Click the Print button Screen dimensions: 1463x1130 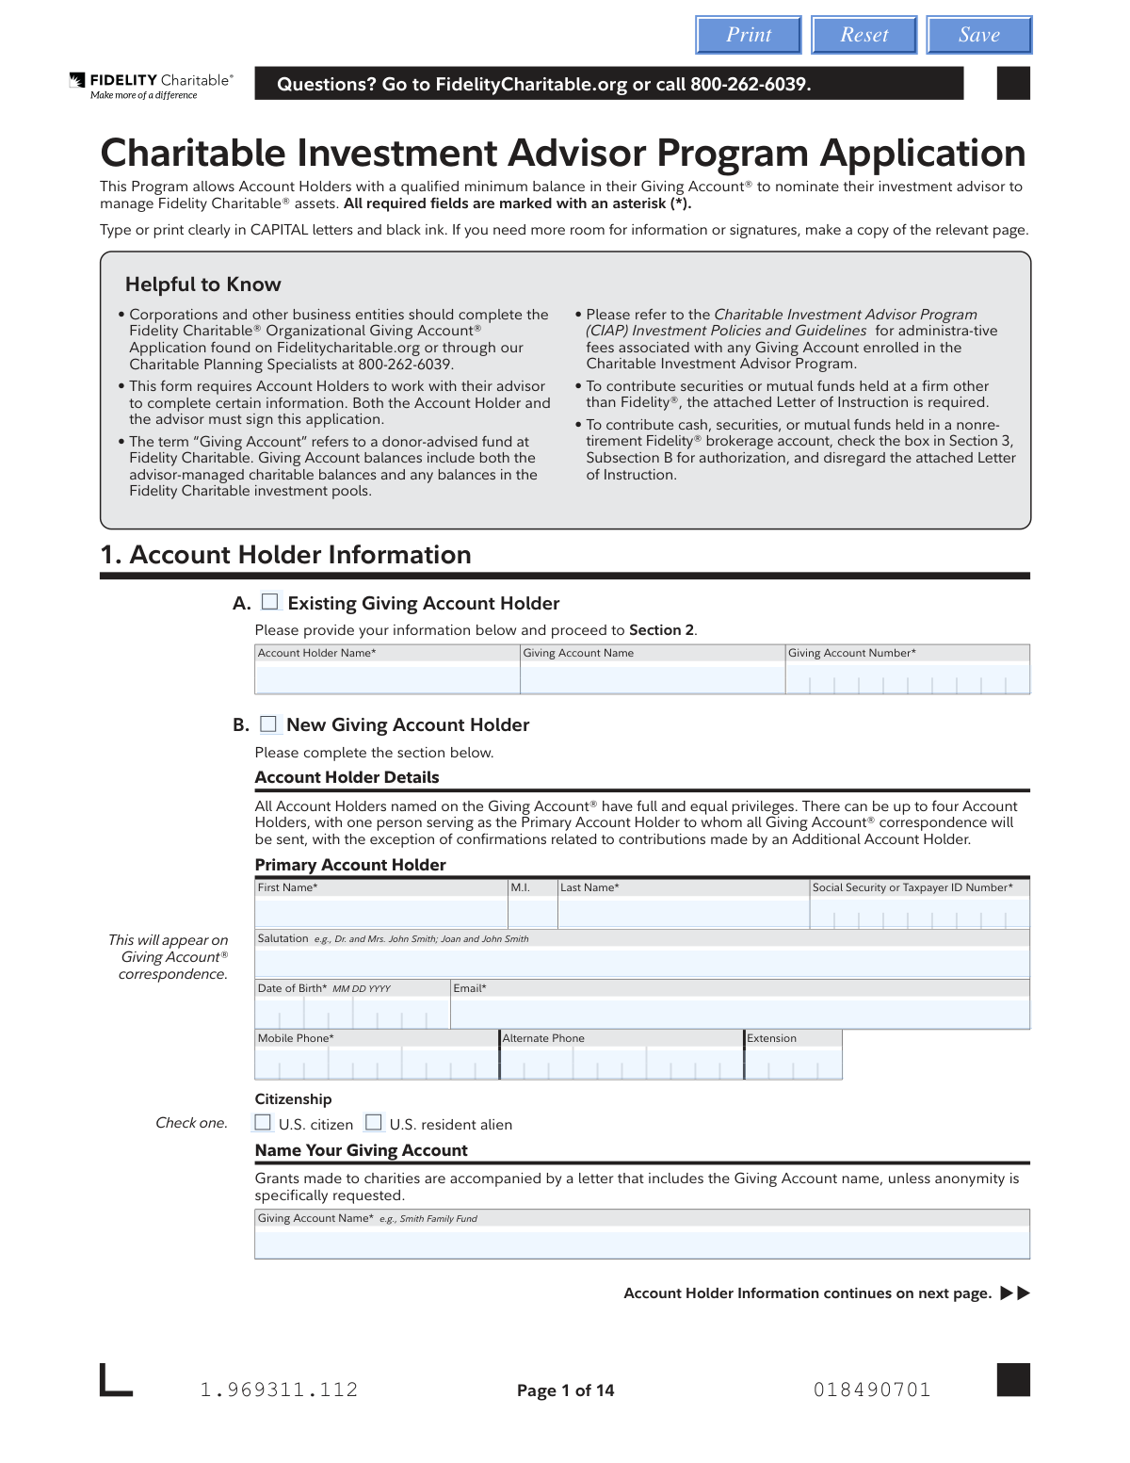pos(749,35)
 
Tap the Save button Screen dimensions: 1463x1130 pos(979,35)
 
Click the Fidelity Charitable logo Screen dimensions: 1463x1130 pos(151,86)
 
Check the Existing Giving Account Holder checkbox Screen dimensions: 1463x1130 pos(270,602)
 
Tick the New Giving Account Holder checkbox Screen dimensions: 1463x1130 pos(269,724)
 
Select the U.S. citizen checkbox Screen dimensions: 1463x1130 pos(264,1123)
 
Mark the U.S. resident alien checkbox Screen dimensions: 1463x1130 pos(374,1123)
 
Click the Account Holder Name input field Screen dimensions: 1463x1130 pos(387,678)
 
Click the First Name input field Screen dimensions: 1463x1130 pos(381,913)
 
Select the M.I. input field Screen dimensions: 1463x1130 pos(533,913)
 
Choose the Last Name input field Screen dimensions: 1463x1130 pos(684,913)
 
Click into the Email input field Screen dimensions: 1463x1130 pos(740,1013)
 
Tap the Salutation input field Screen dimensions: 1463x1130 pos(642,963)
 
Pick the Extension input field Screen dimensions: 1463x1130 pos(793,1063)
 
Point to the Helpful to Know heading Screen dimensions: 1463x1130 pos(203,284)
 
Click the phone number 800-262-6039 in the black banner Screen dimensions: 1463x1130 pos(750,85)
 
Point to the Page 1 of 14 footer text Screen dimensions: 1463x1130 pos(565,1390)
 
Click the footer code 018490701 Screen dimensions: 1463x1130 pos(872,1390)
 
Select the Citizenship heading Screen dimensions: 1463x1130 pos(293,1099)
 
